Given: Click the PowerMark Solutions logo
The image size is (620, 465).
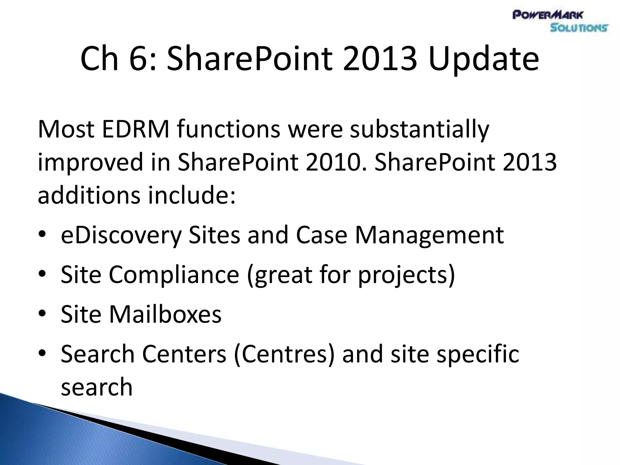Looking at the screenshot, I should click(x=560, y=21).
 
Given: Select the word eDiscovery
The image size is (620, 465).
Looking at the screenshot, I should click(x=121, y=236).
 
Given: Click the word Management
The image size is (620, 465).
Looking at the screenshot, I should click(x=429, y=236).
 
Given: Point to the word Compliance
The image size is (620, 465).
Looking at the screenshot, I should click(x=174, y=275).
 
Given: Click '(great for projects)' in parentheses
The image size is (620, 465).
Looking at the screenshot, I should click(x=351, y=275).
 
